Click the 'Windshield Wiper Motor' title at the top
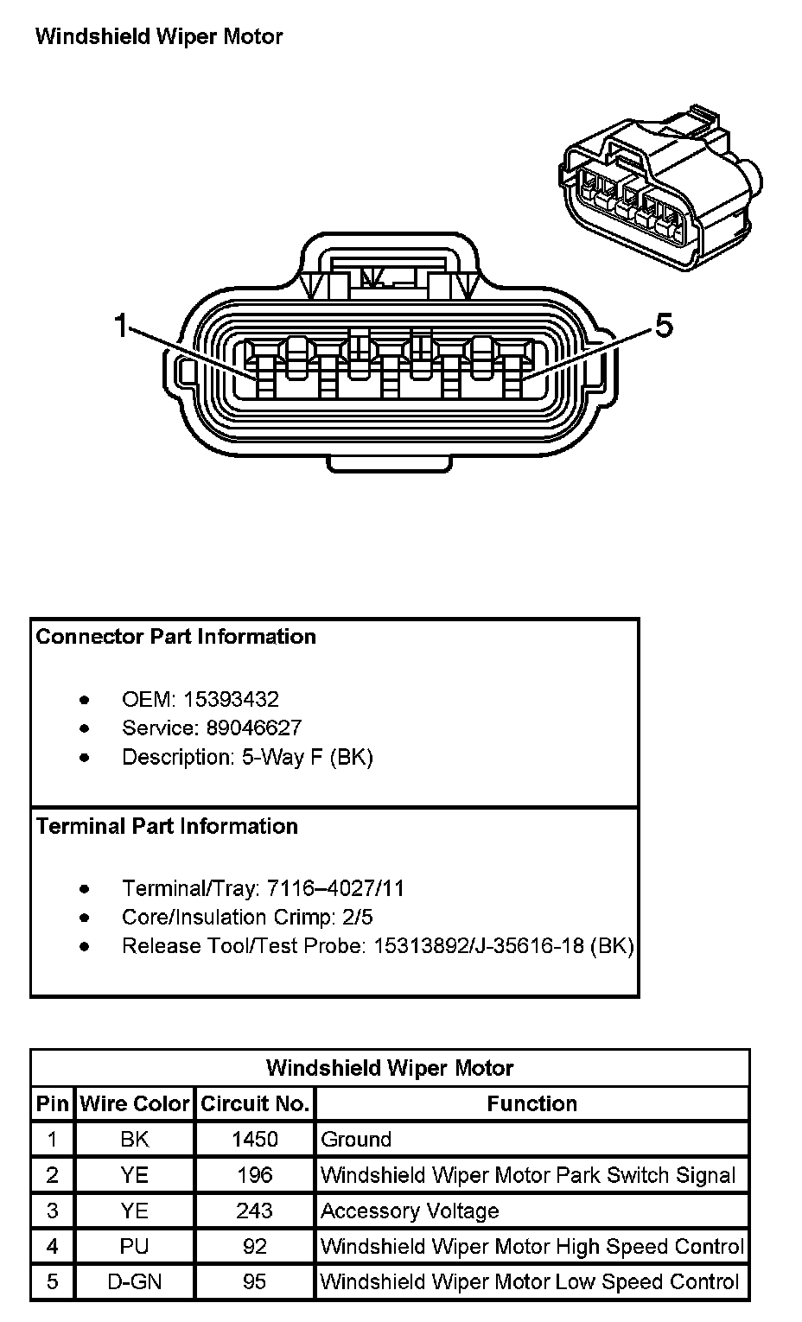(158, 36)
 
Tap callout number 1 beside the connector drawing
(121, 326)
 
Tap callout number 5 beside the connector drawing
(664, 326)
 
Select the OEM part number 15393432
(232, 699)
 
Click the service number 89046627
(254, 728)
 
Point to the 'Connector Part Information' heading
(175, 637)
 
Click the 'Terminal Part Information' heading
(167, 826)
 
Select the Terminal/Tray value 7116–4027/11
(335, 888)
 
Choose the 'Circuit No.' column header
(255, 1103)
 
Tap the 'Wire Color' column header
(134, 1103)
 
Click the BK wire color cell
(134, 1139)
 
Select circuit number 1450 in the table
(255, 1139)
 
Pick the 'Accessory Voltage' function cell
(410, 1211)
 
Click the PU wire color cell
(134, 1246)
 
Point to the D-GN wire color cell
(134, 1281)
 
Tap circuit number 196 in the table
(255, 1175)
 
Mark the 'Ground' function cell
(356, 1139)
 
